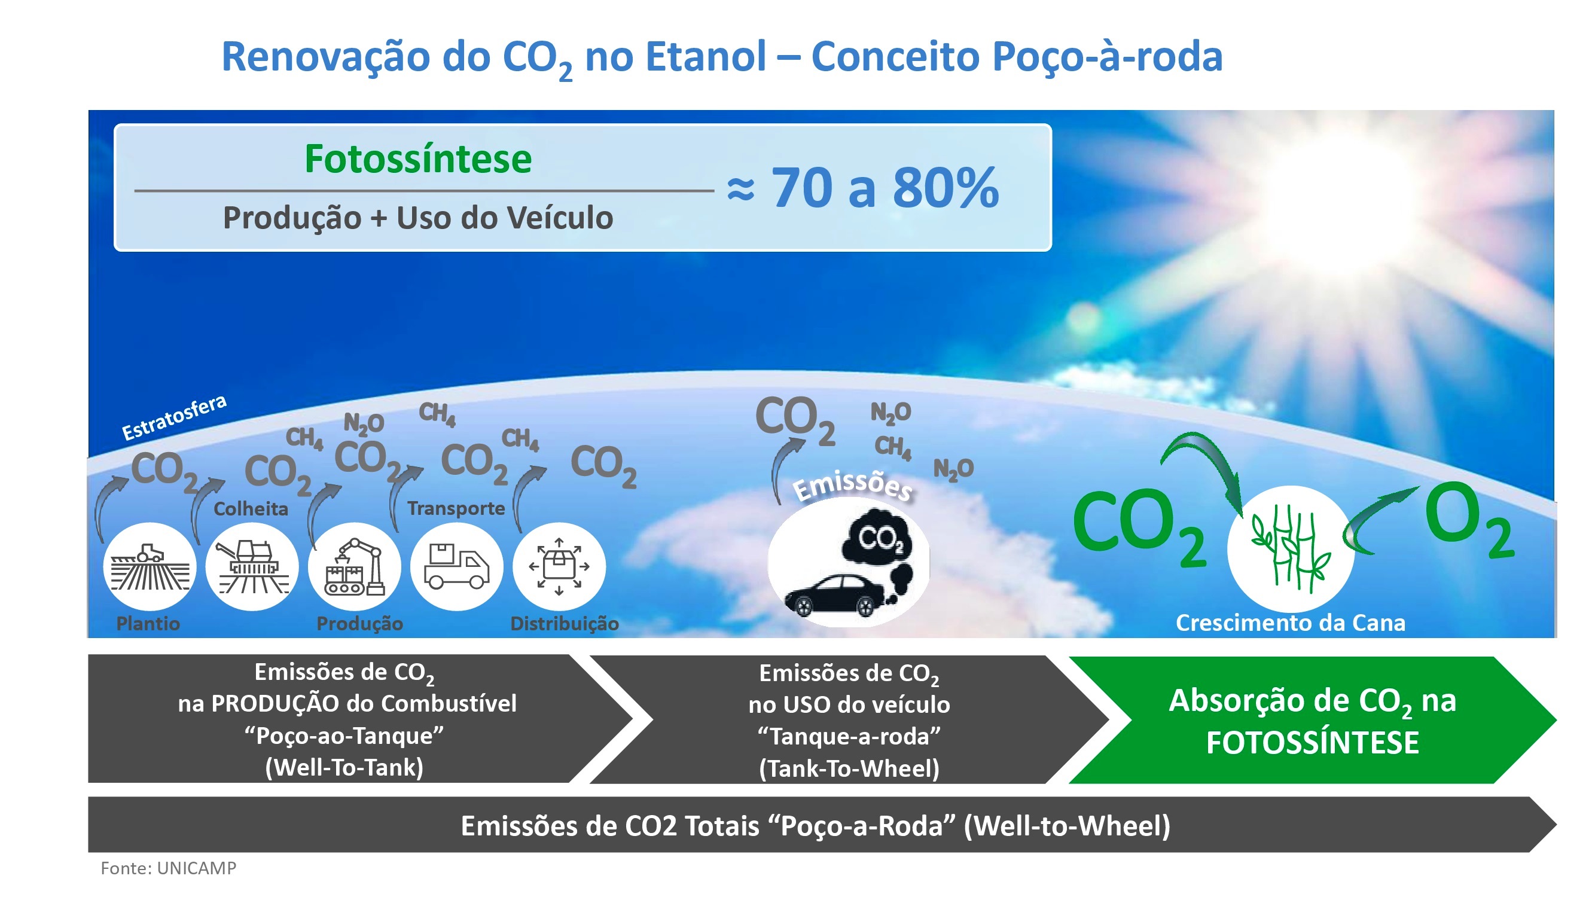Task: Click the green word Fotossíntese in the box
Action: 418,159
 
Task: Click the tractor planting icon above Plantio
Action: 150,566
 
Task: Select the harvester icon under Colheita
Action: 251,566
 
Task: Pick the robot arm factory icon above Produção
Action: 354,566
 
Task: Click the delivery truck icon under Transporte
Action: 456,566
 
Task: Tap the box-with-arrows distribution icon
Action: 559,566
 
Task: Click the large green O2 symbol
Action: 1469,520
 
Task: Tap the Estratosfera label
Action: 174,417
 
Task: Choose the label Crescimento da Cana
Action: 1291,623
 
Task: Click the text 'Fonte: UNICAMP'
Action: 169,868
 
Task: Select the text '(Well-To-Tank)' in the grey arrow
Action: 344,768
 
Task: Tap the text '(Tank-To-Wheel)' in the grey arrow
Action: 849,768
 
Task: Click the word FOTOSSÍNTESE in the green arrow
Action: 1312,743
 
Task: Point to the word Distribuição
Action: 564,623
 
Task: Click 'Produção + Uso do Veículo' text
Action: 418,218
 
